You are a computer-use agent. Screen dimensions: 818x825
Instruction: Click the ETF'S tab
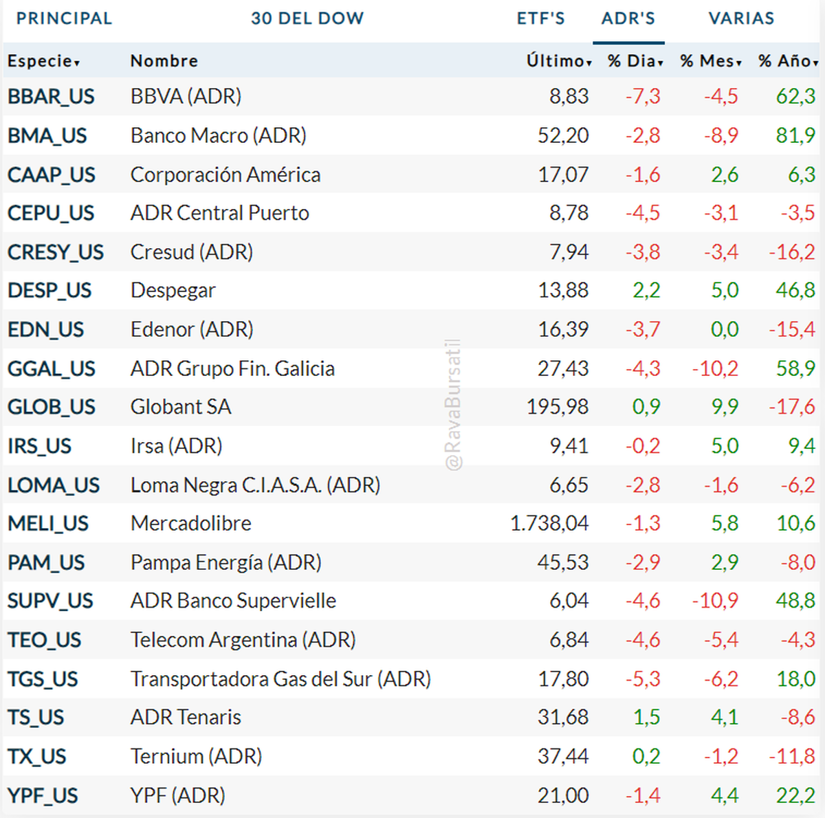(x=540, y=19)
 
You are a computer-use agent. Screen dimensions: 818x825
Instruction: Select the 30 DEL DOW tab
(x=307, y=19)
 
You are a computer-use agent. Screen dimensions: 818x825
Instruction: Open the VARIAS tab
(x=741, y=19)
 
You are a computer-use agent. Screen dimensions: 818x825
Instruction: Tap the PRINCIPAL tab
(x=64, y=19)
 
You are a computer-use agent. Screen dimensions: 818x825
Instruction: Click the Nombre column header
(x=164, y=61)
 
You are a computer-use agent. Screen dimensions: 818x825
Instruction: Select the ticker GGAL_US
(x=52, y=368)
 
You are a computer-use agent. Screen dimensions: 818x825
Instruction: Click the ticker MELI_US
(x=48, y=524)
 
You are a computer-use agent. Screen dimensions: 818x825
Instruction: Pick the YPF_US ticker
(x=43, y=795)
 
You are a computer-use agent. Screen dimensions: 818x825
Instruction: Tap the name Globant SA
(x=181, y=407)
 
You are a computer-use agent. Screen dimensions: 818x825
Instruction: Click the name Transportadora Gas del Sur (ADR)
(x=280, y=679)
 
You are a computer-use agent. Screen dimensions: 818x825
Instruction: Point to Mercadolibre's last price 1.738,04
(x=549, y=524)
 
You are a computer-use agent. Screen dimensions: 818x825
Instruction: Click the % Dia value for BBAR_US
(x=643, y=96)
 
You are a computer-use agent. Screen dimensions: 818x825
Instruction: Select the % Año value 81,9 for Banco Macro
(x=795, y=135)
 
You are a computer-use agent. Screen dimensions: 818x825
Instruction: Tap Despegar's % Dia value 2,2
(x=646, y=291)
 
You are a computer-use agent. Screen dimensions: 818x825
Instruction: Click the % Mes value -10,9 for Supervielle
(x=715, y=601)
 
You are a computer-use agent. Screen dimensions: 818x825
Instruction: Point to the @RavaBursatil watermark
(x=453, y=406)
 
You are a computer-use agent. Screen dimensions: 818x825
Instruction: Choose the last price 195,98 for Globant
(x=558, y=407)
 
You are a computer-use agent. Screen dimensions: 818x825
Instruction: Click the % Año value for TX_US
(x=791, y=756)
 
